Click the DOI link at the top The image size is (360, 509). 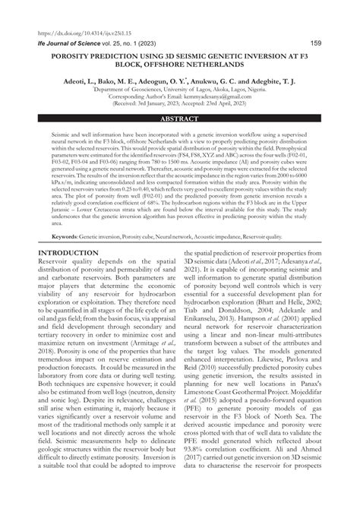pyautogui.click(x=65, y=35)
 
